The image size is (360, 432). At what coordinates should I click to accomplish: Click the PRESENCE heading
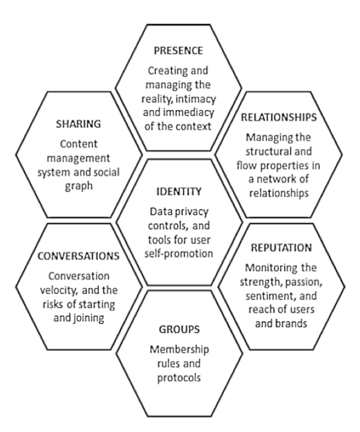pyautogui.click(x=178, y=51)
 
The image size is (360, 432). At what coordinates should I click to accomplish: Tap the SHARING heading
pyautogui.click(x=78, y=124)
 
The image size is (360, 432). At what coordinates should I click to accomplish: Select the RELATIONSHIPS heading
pyautogui.click(x=279, y=117)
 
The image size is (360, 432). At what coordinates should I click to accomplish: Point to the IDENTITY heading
pyautogui.click(x=179, y=192)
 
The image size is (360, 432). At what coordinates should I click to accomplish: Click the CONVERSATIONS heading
pyautogui.click(x=78, y=256)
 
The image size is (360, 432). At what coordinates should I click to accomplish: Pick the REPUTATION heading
pyautogui.click(x=282, y=248)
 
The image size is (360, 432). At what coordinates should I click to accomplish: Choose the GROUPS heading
pyautogui.click(x=179, y=329)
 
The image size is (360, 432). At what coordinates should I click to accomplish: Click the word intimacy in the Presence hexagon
pyautogui.click(x=196, y=99)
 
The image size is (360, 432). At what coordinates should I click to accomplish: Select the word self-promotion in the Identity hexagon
pyautogui.click(x=179, y=254)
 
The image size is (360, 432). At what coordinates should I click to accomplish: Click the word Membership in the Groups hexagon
pyautogui.click(x=179, y=349)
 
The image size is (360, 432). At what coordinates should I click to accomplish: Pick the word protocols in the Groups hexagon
pyautogui.click(x=179, y=378)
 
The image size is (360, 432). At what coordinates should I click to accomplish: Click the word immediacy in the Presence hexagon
pyautogui.click(x=189, y=113)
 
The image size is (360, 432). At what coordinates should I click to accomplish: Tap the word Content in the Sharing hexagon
pyautogui.click(x=78, y=144)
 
